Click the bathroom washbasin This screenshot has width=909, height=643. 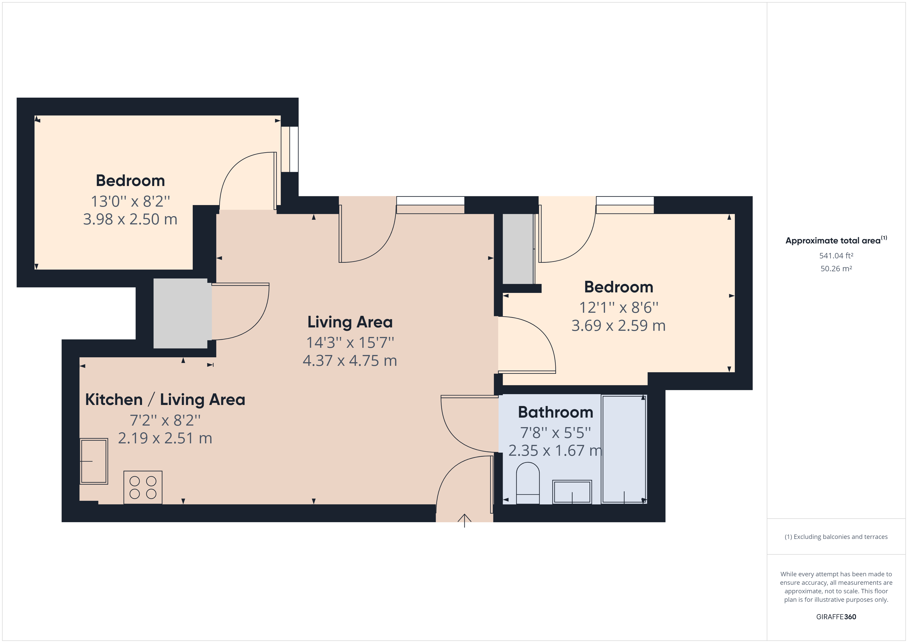572,492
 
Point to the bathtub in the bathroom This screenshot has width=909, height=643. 624,449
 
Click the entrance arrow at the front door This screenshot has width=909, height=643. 464,521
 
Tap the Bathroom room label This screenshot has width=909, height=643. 555,412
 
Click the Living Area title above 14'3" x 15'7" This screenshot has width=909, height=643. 350,322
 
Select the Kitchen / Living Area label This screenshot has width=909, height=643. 165,400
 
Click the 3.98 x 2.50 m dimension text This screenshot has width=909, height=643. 130,219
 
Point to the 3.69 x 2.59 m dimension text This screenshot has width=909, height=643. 618,325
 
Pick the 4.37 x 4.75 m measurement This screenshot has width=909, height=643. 350,361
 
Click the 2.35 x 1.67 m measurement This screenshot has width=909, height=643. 555,451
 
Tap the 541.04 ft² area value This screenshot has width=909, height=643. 836,256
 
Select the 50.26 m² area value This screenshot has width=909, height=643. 836,268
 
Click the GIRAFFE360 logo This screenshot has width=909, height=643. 836,616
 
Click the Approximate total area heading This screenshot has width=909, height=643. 836,240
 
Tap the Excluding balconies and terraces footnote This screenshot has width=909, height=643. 836,537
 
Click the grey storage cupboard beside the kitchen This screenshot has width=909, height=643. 181,313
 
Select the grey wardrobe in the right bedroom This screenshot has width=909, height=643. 518,249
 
